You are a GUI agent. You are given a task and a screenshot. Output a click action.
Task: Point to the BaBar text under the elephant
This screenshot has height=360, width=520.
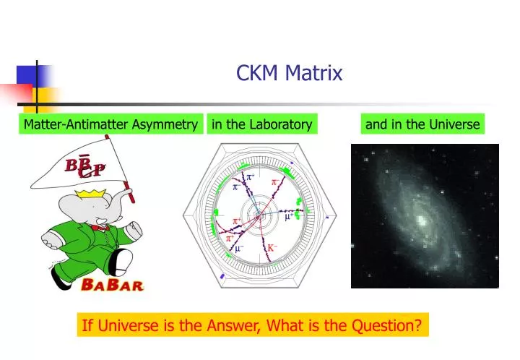(113, 284)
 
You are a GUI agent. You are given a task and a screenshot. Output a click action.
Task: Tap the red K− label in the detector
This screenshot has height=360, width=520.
(273, 248)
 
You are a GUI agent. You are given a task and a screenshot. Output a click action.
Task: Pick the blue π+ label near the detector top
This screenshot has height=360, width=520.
(252, 177)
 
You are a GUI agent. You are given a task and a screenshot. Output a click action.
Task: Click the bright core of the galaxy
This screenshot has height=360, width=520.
(420, 216)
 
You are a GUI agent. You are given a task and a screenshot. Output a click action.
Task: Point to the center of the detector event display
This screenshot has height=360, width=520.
(258, 215)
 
